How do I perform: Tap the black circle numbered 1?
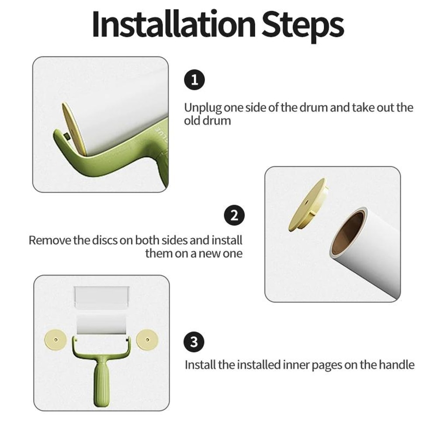(x=194, y=80)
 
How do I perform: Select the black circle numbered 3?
(x=194, y=342)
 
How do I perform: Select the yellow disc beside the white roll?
(x=307, y=204)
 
